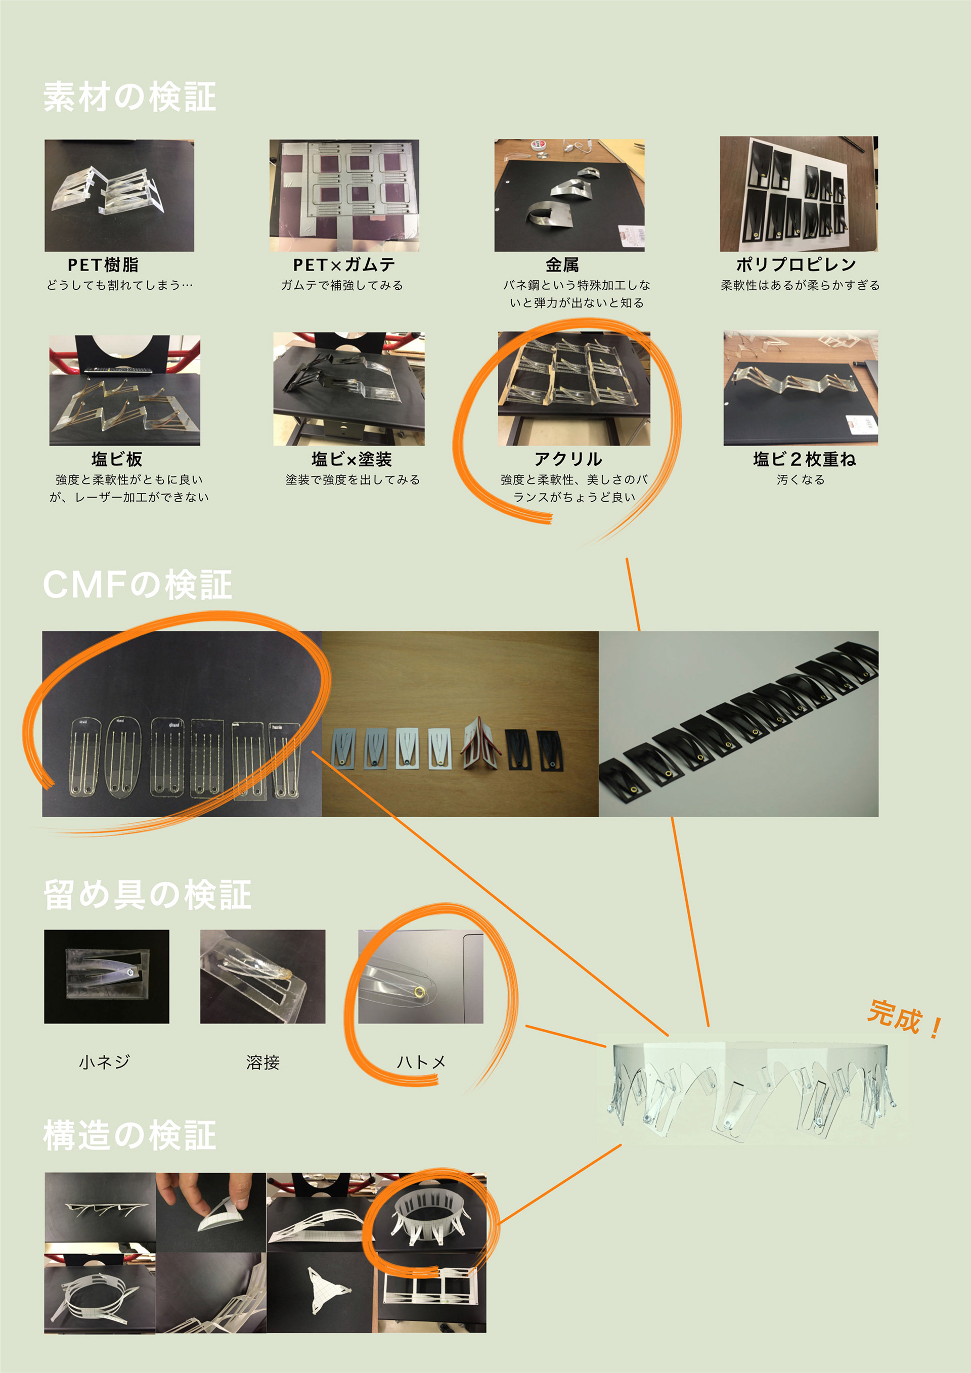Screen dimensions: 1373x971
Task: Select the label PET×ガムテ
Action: (344, 265)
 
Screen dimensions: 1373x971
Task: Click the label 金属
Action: (562, 265)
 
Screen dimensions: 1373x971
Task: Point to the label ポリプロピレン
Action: (796, 265)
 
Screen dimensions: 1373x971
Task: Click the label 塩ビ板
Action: (117, 459)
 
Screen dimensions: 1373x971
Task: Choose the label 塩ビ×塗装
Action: (351, 459)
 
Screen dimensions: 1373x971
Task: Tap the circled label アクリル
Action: (568, 459)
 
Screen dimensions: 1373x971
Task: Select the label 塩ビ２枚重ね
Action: (804, 459)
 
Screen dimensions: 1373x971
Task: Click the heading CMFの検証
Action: (137, 585)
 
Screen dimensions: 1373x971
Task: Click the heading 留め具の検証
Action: (147, 895)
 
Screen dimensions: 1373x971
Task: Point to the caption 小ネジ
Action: (105, 1062)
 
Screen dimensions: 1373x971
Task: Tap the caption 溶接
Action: (262, 1062)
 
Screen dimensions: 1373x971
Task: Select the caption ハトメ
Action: (421, 1062)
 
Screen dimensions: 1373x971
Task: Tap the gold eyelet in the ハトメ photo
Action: (419, 993)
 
